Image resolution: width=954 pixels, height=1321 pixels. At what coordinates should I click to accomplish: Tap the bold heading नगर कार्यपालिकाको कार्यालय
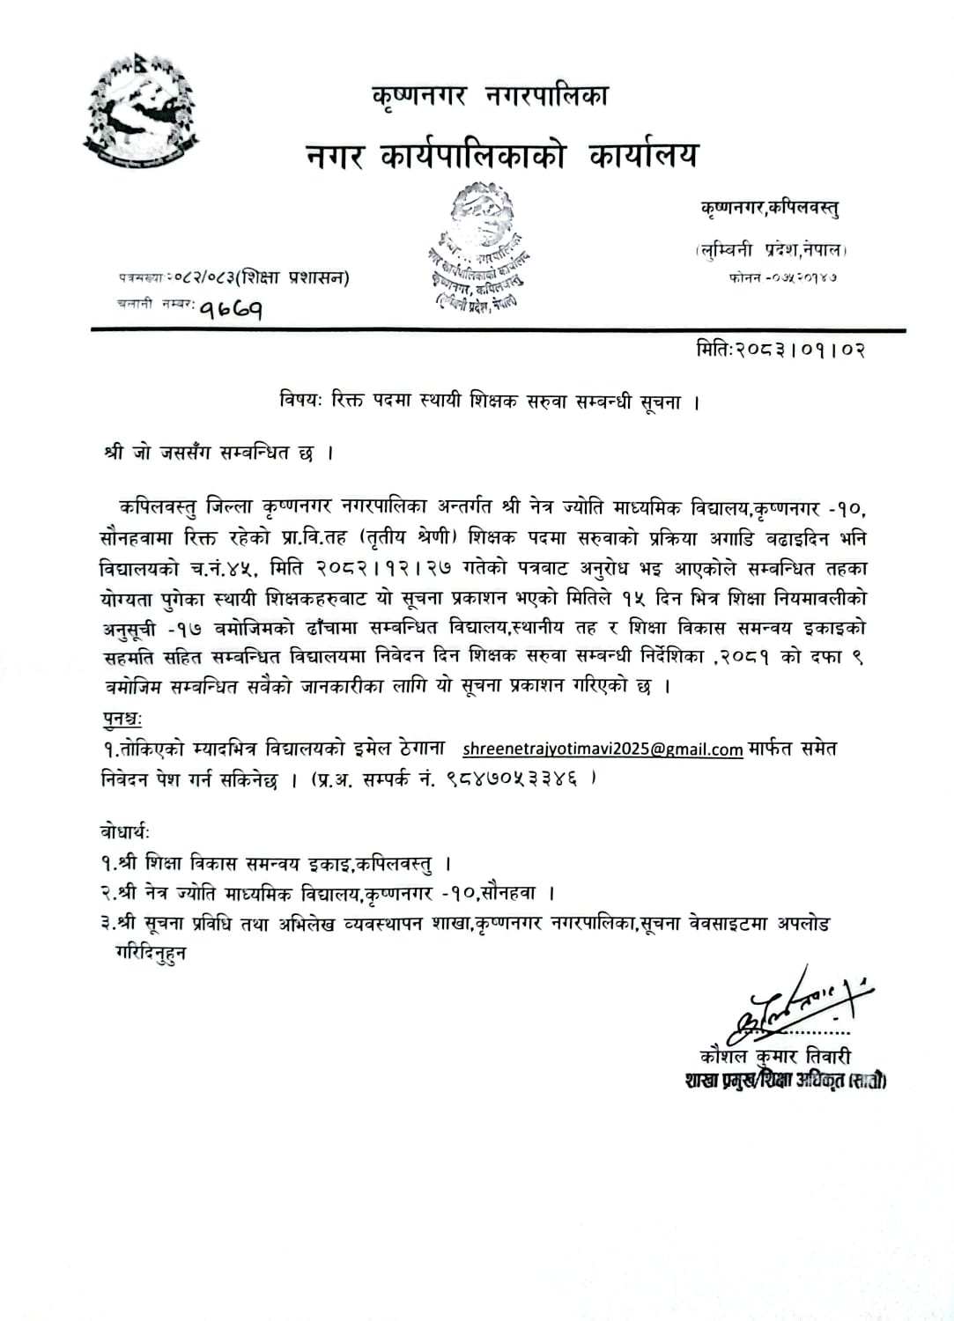pos(501,156)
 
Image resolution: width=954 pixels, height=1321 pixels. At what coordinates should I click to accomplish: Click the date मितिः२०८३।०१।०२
pos(780,350)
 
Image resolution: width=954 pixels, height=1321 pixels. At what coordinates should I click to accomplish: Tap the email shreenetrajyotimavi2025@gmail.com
pos(603,749)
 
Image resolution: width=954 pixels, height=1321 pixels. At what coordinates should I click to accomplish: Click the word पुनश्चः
pos(122,720)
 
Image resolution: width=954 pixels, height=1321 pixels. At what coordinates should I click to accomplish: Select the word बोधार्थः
pos(126,832)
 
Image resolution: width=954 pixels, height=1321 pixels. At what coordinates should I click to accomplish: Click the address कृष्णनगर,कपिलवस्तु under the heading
pos(769,208)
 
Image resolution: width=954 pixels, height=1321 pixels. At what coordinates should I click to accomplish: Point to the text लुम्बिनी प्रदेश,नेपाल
pos(770,250)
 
